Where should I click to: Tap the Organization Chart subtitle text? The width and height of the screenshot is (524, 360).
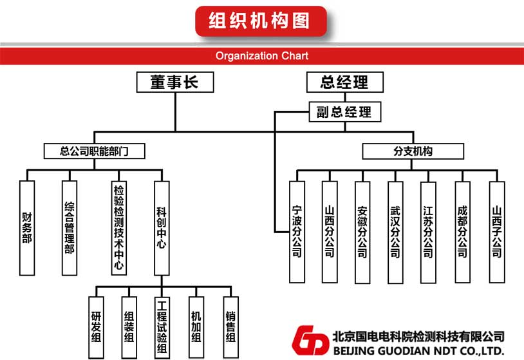click(x=262, y=55)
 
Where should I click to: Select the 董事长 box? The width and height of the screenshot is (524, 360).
click(x=174, y=82)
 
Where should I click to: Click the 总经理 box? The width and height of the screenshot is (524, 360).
click(x=344, y=82)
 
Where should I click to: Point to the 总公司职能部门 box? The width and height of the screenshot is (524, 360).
click(x=94, y=151)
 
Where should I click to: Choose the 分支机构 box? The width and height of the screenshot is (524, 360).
click(x=413, y=151)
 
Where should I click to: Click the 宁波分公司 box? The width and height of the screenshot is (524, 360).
click(x=297, y=232)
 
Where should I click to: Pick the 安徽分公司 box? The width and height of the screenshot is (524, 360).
click(x=362, y=232)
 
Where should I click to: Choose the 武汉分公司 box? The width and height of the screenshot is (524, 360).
click(x=395, y=232)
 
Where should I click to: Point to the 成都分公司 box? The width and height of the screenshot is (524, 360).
click(x=462, y=232)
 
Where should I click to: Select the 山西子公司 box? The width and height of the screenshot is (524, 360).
click(x=496, y=232)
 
